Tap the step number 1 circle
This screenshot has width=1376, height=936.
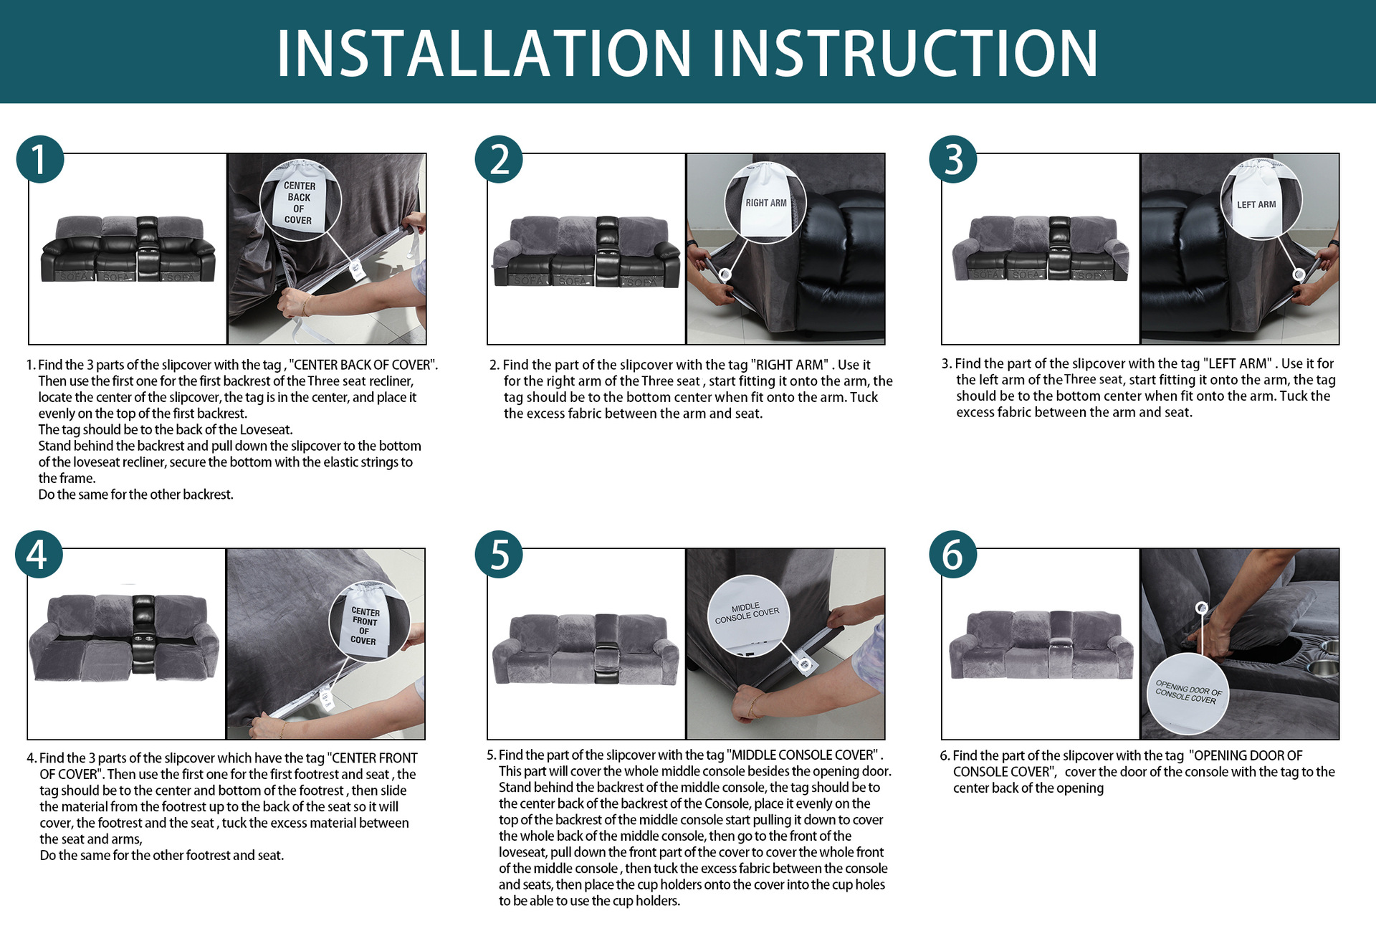point(40,159)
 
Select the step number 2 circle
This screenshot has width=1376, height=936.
point(499,159)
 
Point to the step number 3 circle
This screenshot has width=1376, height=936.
point(953,159)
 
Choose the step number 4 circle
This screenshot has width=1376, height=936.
point(39,554)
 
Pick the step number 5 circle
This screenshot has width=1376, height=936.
point(499,554)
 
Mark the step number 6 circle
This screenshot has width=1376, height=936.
point(953,554)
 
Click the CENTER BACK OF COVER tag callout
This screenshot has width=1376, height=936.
point(300,200)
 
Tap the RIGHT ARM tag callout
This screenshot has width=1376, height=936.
point(765,203)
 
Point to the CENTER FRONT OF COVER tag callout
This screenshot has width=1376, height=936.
point(369,621)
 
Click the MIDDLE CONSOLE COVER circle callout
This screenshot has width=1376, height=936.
point(748,615)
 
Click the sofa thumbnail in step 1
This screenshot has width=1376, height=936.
point(128,248)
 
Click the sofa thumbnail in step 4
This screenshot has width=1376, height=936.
point(124,637)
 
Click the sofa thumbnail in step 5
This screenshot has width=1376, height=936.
point(586,649)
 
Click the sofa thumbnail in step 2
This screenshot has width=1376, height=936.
point(586,252)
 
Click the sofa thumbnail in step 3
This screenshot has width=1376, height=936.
point(1041,248)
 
